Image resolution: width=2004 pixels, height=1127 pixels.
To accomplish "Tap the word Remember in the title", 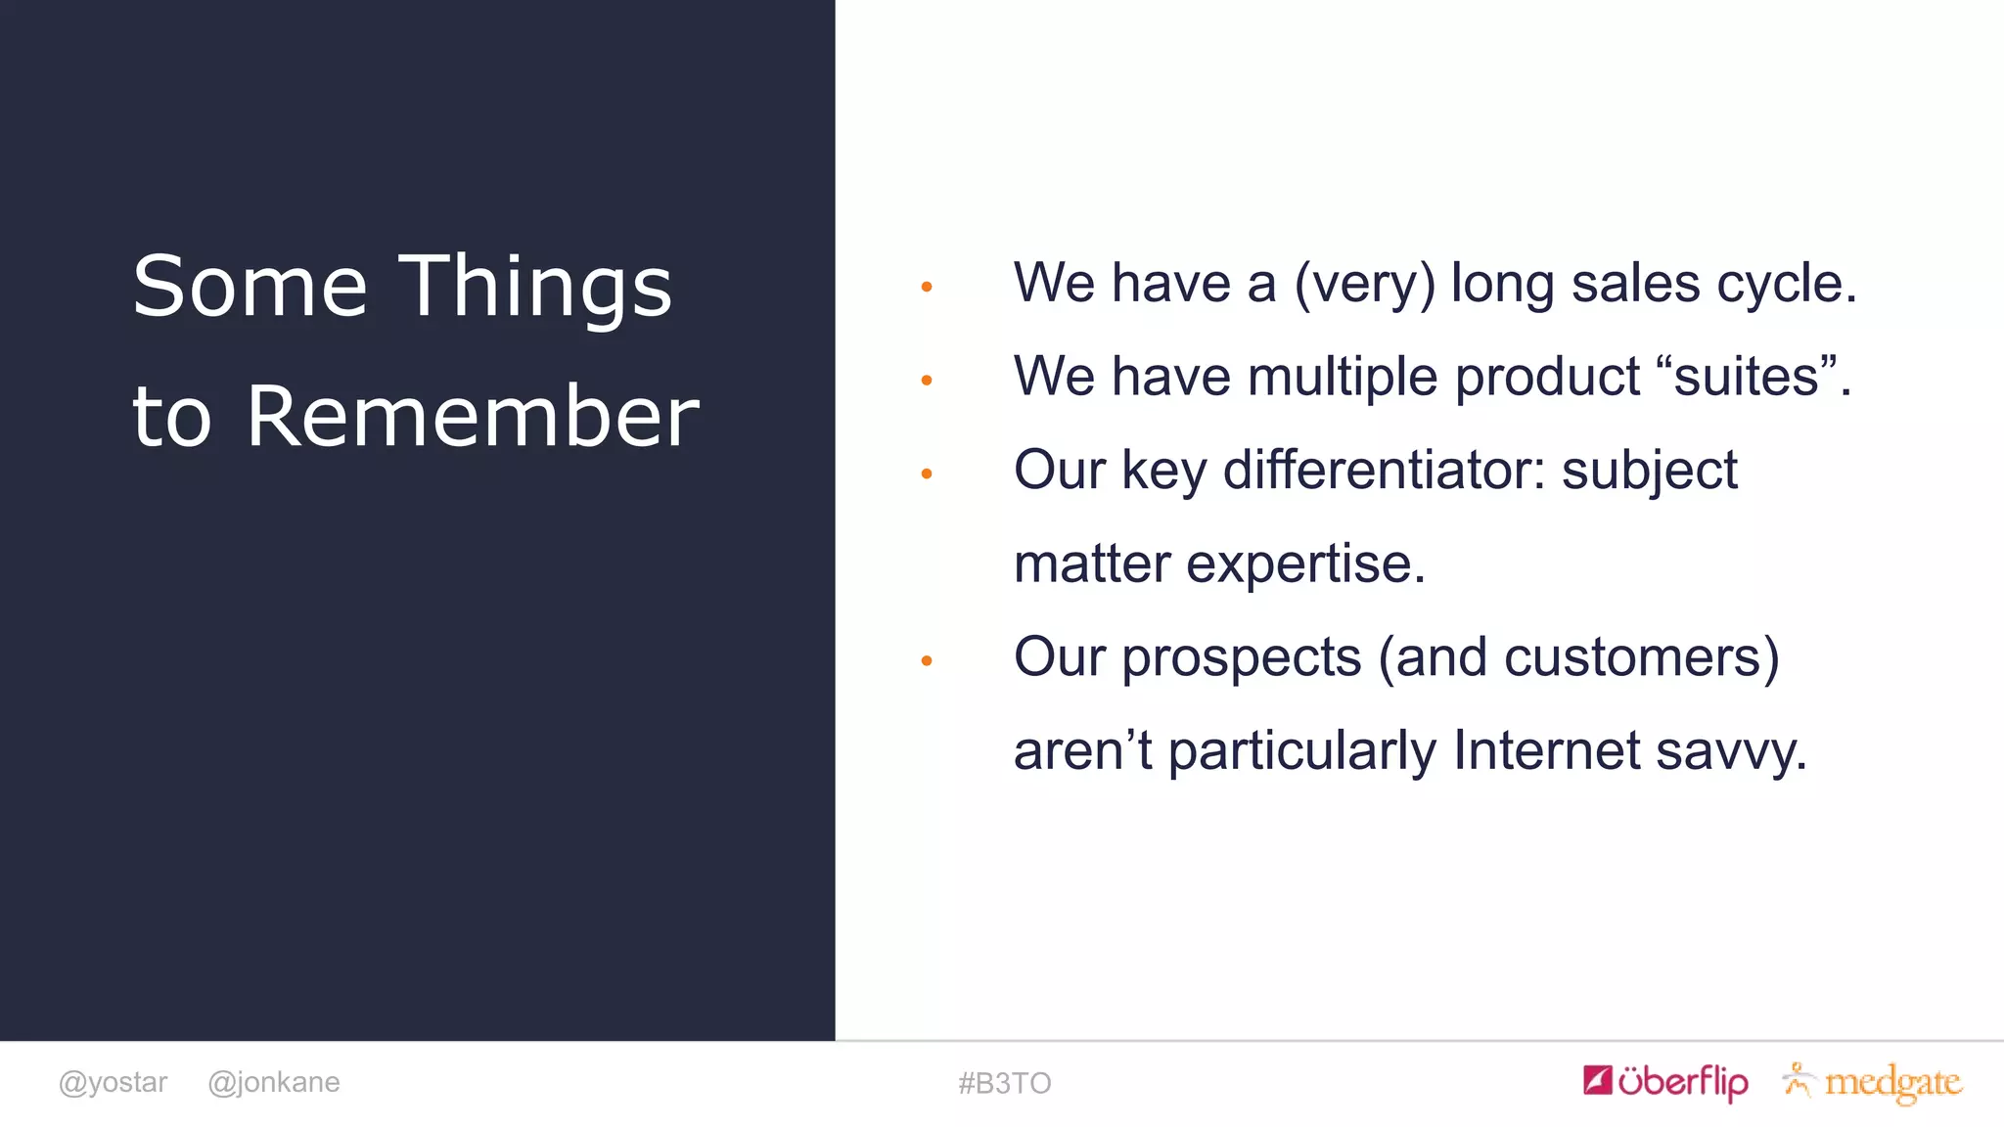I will (473, 417).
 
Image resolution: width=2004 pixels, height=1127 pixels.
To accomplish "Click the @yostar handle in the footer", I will (113, 1082).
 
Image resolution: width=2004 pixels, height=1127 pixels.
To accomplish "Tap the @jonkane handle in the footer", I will (274, 1082).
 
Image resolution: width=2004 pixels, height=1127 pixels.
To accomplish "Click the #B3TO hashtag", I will (1004, 1083).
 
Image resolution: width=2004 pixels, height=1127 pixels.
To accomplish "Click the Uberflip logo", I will (1665, 1081).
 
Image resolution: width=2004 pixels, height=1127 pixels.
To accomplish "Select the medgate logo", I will (1873, 1082).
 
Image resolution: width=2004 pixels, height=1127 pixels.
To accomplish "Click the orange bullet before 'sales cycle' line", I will (927, 287).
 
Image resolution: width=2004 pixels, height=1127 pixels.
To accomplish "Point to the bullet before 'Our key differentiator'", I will (927, 474).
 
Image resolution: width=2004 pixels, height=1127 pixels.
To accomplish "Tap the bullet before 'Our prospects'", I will (927, 661).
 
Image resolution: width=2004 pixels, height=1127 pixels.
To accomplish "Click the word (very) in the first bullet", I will (1364, 284).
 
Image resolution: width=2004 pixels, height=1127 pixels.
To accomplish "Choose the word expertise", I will (1305, 563).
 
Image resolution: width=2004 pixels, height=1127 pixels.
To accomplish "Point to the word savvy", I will (1730, 750).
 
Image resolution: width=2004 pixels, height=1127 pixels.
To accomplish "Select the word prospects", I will (1241, 657).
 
